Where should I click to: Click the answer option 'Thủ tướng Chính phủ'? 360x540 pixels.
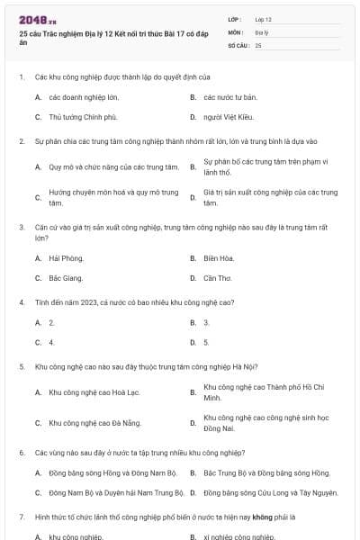tap(83, 117)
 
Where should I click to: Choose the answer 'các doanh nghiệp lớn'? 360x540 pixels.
tap(84, 96)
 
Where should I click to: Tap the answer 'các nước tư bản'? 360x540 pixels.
tap(229, 96)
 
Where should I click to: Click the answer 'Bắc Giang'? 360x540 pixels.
tap(66, 279)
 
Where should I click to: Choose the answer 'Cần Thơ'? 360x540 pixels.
tap(218, 279)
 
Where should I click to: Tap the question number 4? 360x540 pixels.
tap(21, 301)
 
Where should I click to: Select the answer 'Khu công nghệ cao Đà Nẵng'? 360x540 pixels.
tap(94, 422)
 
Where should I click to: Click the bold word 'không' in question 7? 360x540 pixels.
tap(263, 517)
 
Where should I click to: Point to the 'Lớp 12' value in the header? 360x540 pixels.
tap(263, 19)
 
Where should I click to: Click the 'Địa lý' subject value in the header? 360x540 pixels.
tap(261, 31)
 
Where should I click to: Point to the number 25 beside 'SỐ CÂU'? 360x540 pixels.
tap(258, 44)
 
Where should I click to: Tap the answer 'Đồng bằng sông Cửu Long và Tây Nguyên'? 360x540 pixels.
tap(270, 493)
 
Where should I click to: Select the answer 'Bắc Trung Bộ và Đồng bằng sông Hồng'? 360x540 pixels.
tap(266, 472)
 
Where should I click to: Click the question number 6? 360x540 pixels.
tap(21, 452)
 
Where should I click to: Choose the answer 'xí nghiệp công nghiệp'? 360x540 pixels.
tap(238, 536)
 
